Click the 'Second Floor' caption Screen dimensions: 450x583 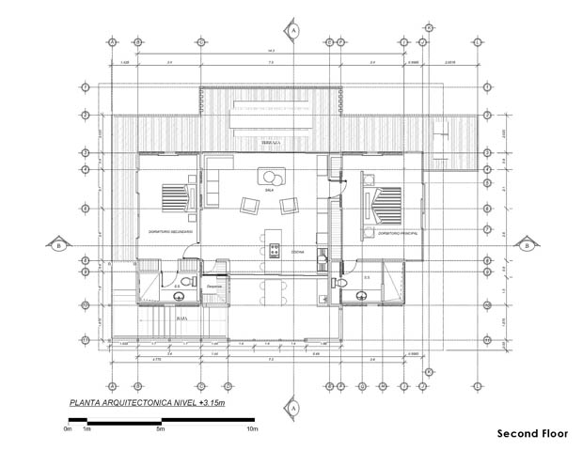pos(532,434)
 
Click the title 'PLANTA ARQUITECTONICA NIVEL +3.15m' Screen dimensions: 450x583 pos(148,403)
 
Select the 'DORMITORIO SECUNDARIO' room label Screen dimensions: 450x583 pos(171,231)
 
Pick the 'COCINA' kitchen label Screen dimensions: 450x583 pos(296,252)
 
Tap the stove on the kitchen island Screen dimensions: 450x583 pos(275,250)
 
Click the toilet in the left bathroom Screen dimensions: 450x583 pos(186,282)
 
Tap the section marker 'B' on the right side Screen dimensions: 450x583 pos(528,246)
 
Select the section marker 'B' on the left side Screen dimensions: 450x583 pos(59,246)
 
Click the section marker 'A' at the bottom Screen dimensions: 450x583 pos(293,409)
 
